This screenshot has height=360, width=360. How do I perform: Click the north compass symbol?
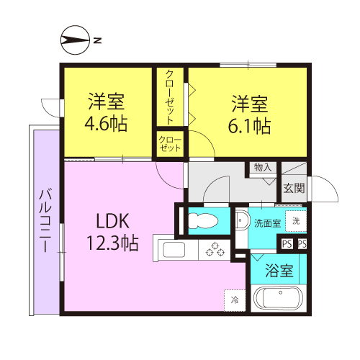[x=75, y=40]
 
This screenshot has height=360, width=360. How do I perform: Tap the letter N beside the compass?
[x=97, y=40]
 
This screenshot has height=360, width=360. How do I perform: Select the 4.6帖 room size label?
[x=106, y=124]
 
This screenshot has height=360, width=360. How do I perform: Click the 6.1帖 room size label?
[x=249, y=126]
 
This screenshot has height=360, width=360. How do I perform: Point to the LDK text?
[x=112, y=221]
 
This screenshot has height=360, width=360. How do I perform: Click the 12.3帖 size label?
[x=112, y=243]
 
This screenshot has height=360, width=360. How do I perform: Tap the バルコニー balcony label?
[x=45, y=220]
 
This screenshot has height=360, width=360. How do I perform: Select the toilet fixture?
[x=203, y=221]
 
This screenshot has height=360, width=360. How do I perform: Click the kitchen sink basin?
[x=174, y=250]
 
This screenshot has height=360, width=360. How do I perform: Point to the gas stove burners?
[x=215, y=249]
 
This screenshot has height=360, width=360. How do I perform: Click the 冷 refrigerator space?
[x=235, y=300]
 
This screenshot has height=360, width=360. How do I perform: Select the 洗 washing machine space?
[x=296, y=221]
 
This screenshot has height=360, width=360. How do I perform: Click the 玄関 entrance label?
[x=294, y=188]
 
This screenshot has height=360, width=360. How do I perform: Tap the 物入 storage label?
[x=263, y=167]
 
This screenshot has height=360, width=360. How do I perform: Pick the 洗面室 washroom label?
[x=267, y=223]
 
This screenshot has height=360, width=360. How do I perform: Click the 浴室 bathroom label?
[x=279, y=271]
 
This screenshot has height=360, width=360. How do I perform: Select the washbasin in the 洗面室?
[x=241, y=220]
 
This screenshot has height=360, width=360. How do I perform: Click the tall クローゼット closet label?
[x=170, y=97]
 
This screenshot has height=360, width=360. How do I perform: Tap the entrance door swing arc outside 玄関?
[x=330, y=184]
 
